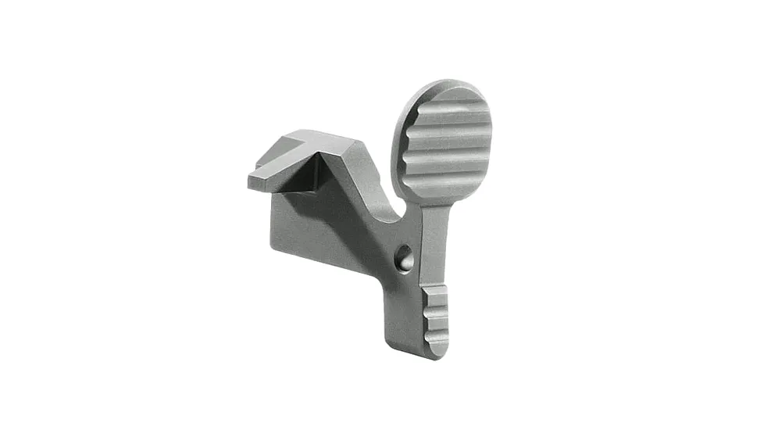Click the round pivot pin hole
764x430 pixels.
pyautogui.click(x=404, y=259)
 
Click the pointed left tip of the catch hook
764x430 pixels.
pyautogui.click(x=251, y=183)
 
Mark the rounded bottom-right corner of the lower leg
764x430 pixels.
pyautogui.click(x=444, y=353)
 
